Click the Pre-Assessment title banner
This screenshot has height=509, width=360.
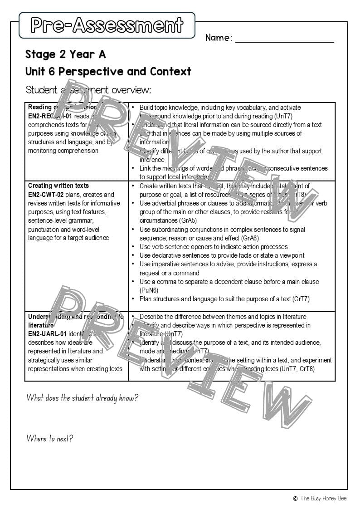pos(107,25)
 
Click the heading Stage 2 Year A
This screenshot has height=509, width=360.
pos(66,54)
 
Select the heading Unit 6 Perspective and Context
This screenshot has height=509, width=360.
pos(108,72)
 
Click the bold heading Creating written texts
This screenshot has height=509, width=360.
pos(58,186)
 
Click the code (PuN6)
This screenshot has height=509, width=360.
pos(149,290)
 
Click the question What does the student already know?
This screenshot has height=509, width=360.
pos(82,398)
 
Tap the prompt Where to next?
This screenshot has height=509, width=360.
pos(50,439)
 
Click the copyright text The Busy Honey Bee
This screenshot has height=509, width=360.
pos(323,498)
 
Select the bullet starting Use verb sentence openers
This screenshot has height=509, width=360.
pos(214,247)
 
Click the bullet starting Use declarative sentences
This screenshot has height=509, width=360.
pos(222,255)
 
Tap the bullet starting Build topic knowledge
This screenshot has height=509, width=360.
pos(220,108)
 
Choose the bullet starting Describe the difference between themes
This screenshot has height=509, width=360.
pos(223,317)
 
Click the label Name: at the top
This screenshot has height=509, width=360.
pos(219,38)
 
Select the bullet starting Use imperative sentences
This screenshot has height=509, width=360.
pos(228,264)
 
